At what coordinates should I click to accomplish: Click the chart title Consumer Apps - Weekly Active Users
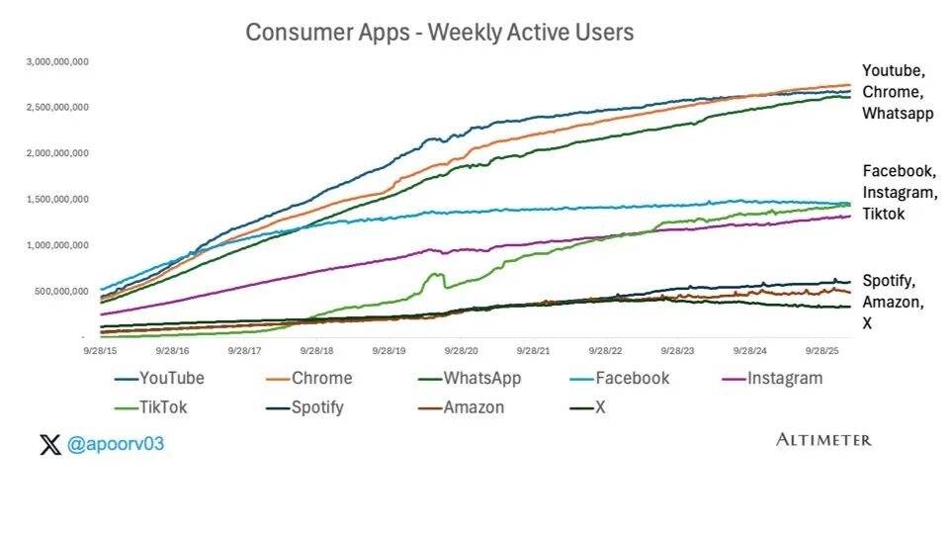point(439,33)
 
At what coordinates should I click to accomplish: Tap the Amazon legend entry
point(474,407)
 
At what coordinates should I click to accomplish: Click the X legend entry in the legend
point(599,407)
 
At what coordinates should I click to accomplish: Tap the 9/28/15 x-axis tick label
point(102,350)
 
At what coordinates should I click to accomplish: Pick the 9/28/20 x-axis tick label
point(462,350)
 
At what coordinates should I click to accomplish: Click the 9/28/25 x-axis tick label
point(822,350)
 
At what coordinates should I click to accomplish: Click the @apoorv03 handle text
point(115,445)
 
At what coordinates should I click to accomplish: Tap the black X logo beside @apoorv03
point(49,445)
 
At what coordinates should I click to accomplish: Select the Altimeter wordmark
point(823,439)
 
